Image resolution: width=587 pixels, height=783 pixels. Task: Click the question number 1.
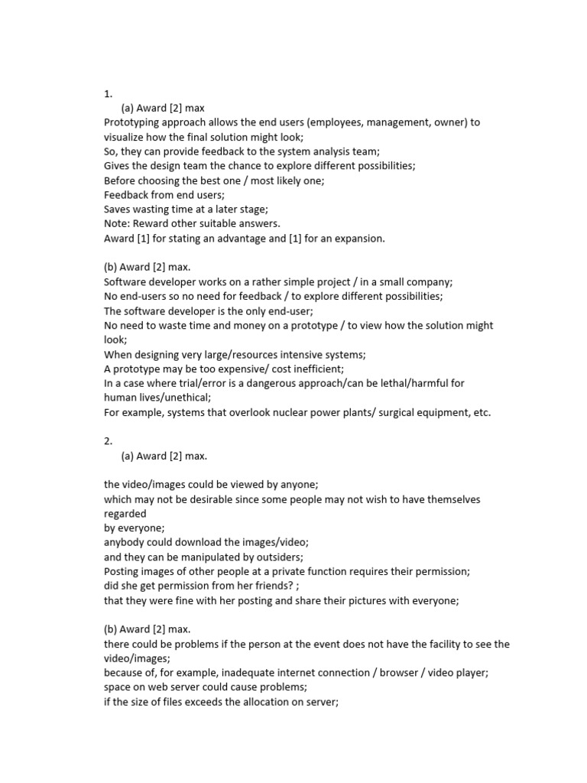108,94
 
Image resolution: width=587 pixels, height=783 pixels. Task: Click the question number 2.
108,441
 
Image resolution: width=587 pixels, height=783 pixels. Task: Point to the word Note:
117,223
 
